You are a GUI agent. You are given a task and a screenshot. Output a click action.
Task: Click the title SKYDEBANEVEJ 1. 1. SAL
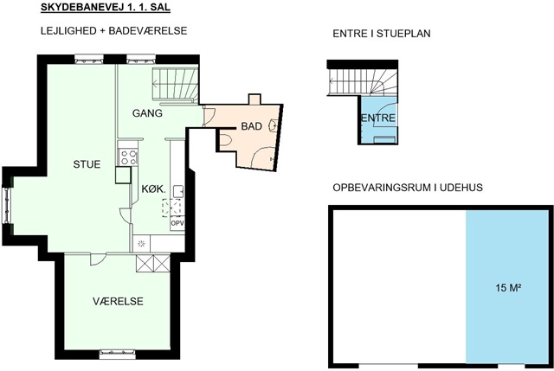pyautogui.click(x=106, y=8)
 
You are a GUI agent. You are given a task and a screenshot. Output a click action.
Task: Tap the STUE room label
pyautogui.click(x=87, y=164)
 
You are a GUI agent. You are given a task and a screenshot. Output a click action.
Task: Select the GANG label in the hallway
pyautogui.click(x=147, y=113)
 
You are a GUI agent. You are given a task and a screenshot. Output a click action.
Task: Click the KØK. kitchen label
pyautogui.click(x=154, y=189)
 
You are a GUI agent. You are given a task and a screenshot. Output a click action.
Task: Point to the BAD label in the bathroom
pyautogui.click(x=252, y=126)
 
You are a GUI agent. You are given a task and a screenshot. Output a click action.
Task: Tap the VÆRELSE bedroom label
pyautogui.click(x=118, y=302)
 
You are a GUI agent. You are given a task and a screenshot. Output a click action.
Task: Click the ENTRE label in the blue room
pyautogui.click(x=378, y=118)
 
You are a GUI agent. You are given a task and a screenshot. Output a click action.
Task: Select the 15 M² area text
pyautogui.click(x=509, y=288)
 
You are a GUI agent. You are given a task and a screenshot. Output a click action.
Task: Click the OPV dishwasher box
pyautogui.click(x=177, y=223)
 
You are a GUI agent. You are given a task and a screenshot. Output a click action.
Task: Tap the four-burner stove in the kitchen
pyautogui.click(x=128, y=157)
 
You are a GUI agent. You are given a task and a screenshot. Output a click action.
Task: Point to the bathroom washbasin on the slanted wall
pyautogui.click(x=274, y=125)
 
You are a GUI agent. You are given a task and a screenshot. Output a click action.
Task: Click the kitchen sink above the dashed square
pyautogui.click(x=178, y=191)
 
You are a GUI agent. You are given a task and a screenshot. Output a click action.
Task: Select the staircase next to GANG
pyautogui.click(x=175, y=86)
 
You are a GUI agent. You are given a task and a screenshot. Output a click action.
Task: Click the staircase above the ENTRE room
pyautogui.click(x=363, y=82)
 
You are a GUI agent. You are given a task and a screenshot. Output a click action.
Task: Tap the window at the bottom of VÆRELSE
pyautogui.click(x=118, y=354)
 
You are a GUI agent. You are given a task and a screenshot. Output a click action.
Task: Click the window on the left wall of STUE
pyautogui.click(x=7, y=206)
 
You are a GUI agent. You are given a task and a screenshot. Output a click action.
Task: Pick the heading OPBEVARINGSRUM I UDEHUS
pyautogui.click(x=408, y=188)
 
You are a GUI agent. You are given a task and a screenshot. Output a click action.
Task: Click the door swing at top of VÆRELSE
pyautogui.click(x=98, y=259)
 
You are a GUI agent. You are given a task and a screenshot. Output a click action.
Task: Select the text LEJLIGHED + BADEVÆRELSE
pyautogui.click(x=113, y=31)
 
